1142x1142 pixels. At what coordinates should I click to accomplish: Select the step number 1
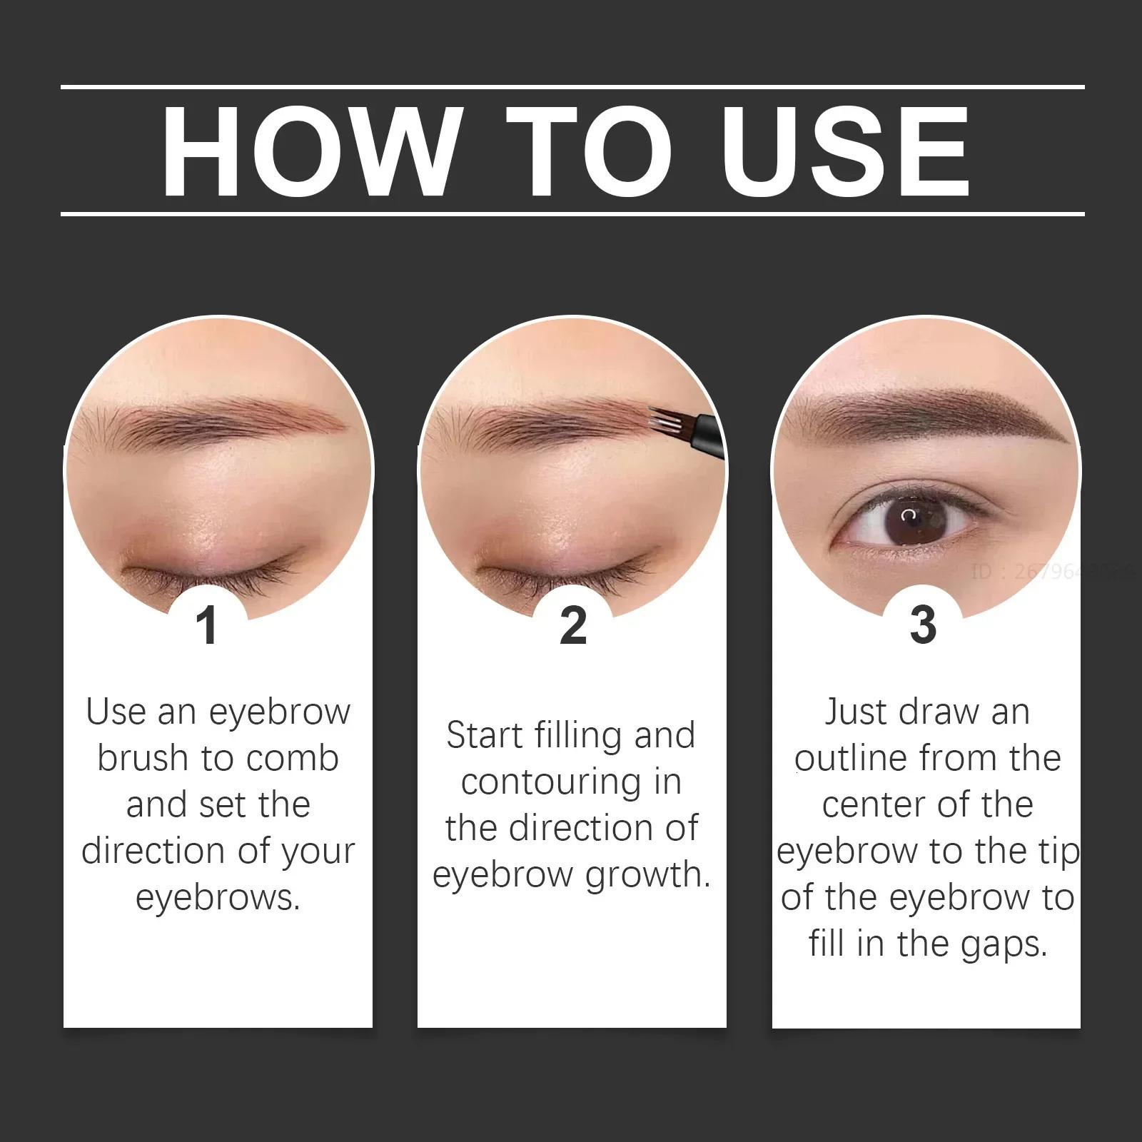[x=207, y=625]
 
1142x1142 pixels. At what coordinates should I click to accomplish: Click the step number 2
[x=573, y=625]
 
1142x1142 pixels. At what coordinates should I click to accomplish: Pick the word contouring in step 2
[x=550, y=782]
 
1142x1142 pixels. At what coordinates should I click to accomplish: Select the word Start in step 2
[x=484, y=735]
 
